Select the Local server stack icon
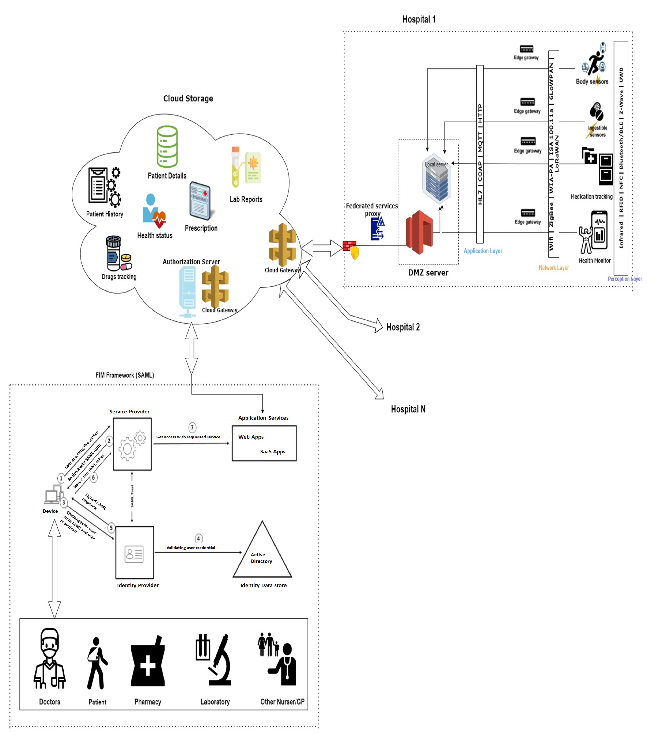[x=436, y=179]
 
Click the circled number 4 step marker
[x=198, y=539]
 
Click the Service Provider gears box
[x=132, y=444]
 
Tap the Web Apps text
[x=251, y=437]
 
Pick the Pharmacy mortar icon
[x=148, y=662]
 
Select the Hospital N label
[x=408, y=409]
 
